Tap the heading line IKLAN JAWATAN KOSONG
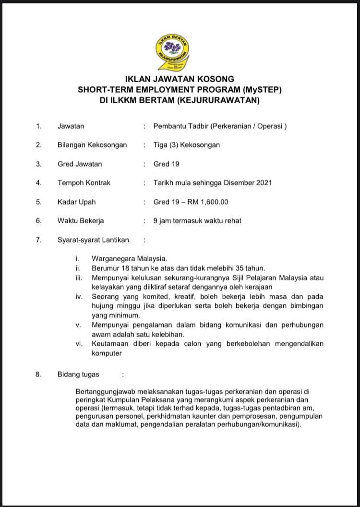180,79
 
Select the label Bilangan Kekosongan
92,145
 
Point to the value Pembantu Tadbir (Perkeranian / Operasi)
220,126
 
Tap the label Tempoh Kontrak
84,183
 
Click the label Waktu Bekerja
81,221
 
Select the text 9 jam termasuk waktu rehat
197,221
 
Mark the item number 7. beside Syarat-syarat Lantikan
39,240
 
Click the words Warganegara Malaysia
130,259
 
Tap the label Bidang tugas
78,374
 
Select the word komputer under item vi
107,353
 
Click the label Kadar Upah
76,202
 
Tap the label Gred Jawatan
80,164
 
